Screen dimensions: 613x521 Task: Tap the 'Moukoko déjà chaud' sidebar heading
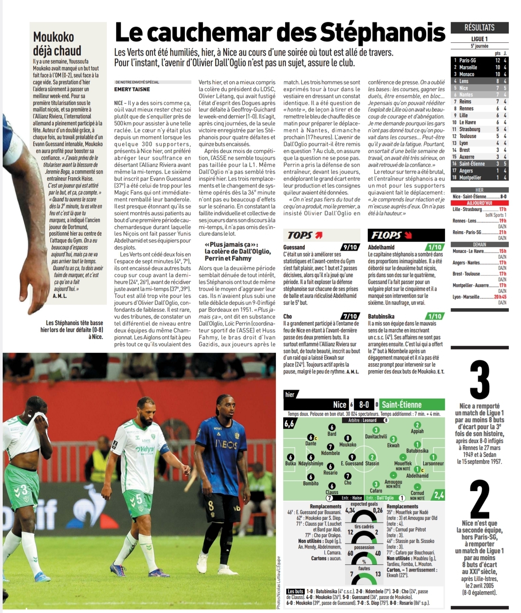point(57,43)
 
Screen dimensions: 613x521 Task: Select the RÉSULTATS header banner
point(479,28)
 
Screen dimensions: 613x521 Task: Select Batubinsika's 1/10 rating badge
point(435,316)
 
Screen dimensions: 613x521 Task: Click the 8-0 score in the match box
point(364,404)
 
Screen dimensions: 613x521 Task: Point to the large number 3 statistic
point(480,380)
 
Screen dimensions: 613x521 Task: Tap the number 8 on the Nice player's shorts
point(211,507)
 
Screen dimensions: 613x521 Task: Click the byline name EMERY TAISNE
point(132,89)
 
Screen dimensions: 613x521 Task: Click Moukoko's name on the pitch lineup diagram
point(348,445)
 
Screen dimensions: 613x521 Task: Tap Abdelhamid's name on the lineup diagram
point(417,475)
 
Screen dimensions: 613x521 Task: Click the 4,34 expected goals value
point(350,510)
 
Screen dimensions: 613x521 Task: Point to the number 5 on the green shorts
point(138,499)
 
